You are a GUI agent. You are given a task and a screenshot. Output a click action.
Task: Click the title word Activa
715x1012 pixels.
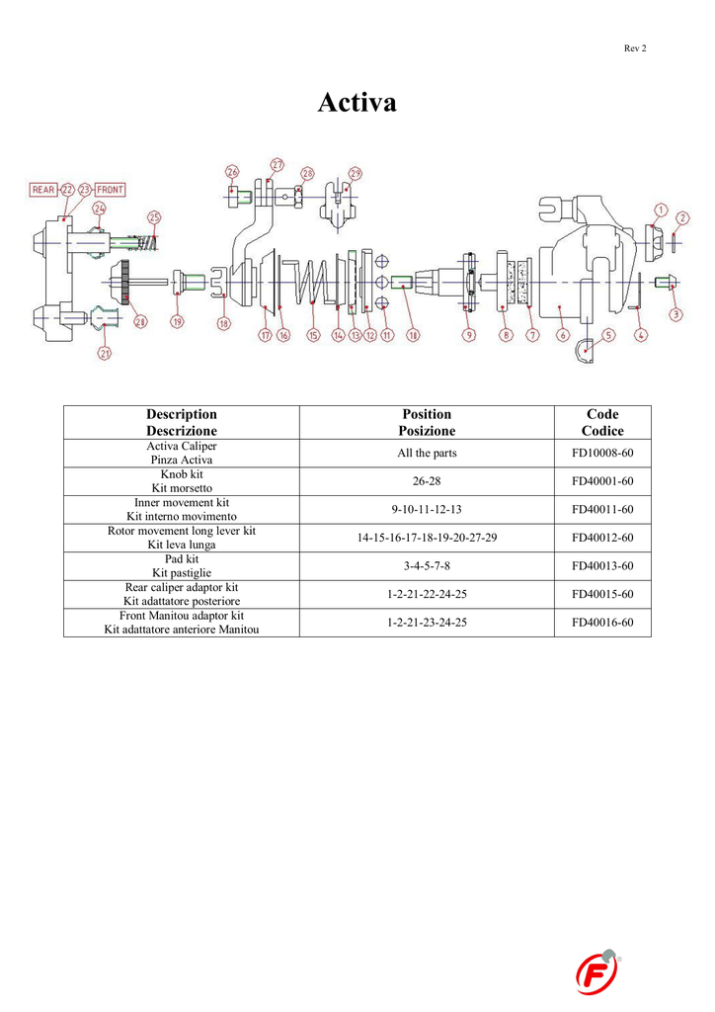pos(357,102)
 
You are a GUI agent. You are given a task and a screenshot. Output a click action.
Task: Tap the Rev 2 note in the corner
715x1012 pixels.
pos(635,48)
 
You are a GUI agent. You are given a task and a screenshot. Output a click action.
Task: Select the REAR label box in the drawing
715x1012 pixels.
pos(43,189)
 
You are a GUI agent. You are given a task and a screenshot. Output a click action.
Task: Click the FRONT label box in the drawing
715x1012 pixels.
pos(110,189)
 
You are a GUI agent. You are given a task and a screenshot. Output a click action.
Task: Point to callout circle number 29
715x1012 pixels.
pos(355,173)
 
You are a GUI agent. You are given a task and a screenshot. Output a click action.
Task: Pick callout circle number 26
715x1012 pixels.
pos(232,172)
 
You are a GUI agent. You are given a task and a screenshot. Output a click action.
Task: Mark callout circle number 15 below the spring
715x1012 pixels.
pos(313,335)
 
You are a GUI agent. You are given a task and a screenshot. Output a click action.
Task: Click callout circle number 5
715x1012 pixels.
pos(608,335)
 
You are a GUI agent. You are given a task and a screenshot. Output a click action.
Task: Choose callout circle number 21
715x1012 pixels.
pos(105,353)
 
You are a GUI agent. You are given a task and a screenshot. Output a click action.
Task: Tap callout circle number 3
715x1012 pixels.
pos(675,315)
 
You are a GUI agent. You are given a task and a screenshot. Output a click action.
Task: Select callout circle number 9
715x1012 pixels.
pos(469,335)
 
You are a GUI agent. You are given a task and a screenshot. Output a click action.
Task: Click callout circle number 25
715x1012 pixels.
pos(154,217)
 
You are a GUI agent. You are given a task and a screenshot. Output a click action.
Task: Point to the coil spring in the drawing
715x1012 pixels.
pos(310,283)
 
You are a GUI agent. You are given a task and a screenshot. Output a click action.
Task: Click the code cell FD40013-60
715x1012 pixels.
pos(601,565)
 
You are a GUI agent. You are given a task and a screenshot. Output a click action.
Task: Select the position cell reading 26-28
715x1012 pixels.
pos(427,481)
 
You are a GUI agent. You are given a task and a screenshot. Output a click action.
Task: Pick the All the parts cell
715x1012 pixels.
pos(427,453)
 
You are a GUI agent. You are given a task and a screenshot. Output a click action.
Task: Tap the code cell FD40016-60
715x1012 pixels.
pos(601,623)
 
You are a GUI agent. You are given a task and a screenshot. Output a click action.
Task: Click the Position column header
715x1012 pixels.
pos(427,422)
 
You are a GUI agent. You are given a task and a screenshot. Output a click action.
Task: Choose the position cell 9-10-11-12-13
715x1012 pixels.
pos(427,509)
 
